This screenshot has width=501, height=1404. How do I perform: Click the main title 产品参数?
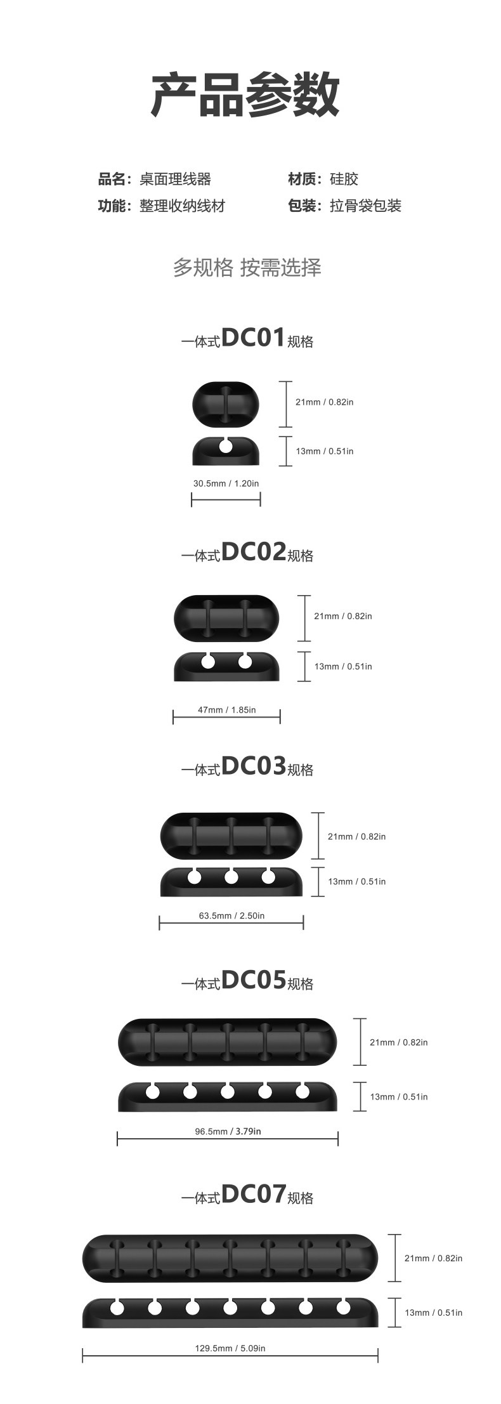[245, 95]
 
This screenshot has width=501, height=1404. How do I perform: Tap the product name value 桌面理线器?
[175, 180]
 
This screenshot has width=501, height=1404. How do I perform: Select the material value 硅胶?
[344, 180]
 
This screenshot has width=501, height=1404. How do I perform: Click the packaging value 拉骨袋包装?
[365, 206]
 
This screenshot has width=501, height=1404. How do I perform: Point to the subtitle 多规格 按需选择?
[247, 268]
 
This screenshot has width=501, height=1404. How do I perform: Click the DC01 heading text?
[252, 338]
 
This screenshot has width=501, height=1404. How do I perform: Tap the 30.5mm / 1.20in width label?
[226, 483]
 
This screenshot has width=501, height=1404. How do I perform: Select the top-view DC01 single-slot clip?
[226, 403]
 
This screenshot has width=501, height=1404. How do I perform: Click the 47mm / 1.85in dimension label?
[226, 710]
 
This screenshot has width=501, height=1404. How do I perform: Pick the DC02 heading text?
[252, 553]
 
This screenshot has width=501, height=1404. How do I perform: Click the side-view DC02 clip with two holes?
[226, 666]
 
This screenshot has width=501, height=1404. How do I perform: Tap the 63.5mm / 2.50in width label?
[231, 915]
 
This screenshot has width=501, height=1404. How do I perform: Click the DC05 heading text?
[252, 981]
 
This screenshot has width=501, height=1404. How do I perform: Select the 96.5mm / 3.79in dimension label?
[228, 1131]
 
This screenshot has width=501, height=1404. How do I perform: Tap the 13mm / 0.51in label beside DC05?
[398, 1097]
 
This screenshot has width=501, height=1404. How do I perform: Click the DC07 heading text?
[252, 1195]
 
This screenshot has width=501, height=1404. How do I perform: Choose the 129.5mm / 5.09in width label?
[230, 1348]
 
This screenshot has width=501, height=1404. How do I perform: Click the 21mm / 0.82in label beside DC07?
[433, 1258]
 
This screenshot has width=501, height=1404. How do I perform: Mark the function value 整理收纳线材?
[182, 206]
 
